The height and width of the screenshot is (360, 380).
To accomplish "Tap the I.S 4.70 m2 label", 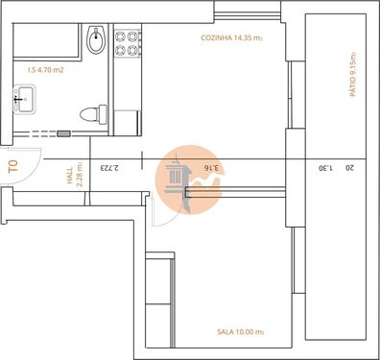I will tap(46, 70).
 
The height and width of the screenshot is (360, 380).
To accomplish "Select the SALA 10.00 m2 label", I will tap(240, 331).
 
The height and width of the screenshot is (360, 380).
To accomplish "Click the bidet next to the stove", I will tap(95, 40).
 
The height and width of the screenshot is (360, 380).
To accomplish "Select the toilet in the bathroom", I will tap(92, 113).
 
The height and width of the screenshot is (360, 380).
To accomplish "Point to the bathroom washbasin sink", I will tap(24, 97).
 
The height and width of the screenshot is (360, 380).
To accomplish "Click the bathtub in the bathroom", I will tap(46, 42).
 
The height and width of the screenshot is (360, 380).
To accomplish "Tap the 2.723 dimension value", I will tap(107, 170).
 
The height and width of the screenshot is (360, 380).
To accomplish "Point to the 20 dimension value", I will tap(349, 169).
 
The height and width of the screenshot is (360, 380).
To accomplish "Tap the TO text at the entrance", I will tap(12, 166).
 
